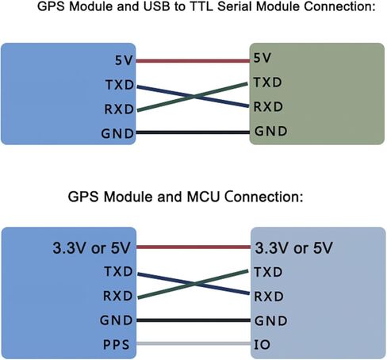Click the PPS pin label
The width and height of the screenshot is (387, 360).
coord(117,344)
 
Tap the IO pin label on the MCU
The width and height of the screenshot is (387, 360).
coord(262,345)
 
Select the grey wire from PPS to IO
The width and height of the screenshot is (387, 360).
coord(193,343)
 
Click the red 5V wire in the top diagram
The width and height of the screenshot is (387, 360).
coord(193,61)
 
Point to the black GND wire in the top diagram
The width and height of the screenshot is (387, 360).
coord(193,132)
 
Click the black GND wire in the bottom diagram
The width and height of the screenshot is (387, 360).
coord(193,320)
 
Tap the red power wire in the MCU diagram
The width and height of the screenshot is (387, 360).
coord(193,247)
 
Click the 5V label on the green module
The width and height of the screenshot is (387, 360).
coord(262,58)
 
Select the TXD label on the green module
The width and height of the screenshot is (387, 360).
coord(268,82)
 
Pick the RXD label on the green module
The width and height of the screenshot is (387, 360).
coord(268,106)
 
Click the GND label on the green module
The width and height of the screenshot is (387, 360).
coord(271,131)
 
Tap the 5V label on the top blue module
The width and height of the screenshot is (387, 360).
coord(124,60)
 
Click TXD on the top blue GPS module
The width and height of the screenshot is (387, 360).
coord(120,85)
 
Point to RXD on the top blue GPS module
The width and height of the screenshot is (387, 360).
coord(119,109)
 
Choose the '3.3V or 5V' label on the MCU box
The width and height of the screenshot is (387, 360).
coord(293,248)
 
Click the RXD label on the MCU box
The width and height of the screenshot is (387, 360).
coord(269,297)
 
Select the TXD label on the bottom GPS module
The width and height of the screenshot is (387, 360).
coord(118,271)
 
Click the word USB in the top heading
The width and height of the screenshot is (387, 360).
coord(156,6)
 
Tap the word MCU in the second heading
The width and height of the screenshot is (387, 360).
coord(203,197)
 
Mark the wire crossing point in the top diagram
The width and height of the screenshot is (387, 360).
coord(193,97)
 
